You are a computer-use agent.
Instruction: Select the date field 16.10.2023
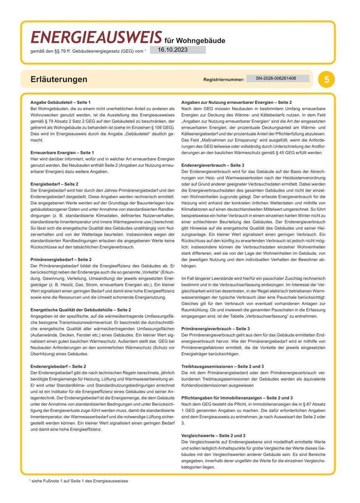pyautogui.click(x=177, y=49)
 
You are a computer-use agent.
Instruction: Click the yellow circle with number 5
pyautogui.click(x=326, y=79)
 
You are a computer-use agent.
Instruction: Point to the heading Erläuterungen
pyautogui.click(x=59, y=79)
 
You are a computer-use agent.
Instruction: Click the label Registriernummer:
pyautogui.click(x=224, y=79)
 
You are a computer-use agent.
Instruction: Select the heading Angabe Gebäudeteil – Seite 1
pyautogui.click(x=60, y=102)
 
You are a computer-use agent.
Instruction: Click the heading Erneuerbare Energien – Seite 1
pyautogui.click(x=62, y=152)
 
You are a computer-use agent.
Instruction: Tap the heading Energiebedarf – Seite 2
pyautogui.click(x=54, y=184)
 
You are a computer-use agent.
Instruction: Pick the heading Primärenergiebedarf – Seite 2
pyautogui.click(x=61, y=259)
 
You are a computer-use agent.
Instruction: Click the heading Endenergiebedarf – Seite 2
pyautogui.click(x=58, y=366)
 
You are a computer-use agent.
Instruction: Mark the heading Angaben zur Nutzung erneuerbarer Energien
pyautogui.click(x=236, y=102)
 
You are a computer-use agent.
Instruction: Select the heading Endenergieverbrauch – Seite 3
pyautogui.click(x=215, y=165)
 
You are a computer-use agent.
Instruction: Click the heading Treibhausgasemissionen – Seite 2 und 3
pyautogui.click(x=228, y=366)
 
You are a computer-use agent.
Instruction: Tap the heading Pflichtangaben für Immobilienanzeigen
pyautogui.click(x=237, y=397)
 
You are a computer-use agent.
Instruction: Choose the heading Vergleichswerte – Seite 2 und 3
pyautogui.click(x=213, y=436)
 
